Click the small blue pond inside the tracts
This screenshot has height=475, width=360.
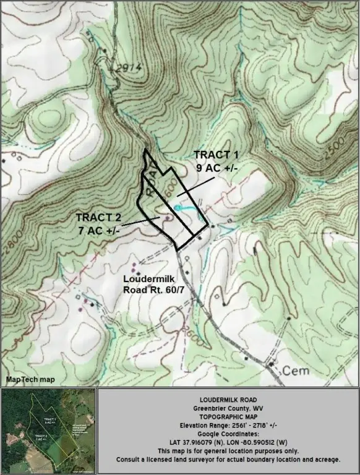tap(178, 208)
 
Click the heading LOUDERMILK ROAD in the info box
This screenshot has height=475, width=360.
tap(228, 400)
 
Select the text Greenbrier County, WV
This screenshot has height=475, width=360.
tap(228, 409)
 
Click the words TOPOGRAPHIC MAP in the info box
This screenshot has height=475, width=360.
tap(228, 417)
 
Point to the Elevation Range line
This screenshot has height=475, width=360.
tap(228, 426)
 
